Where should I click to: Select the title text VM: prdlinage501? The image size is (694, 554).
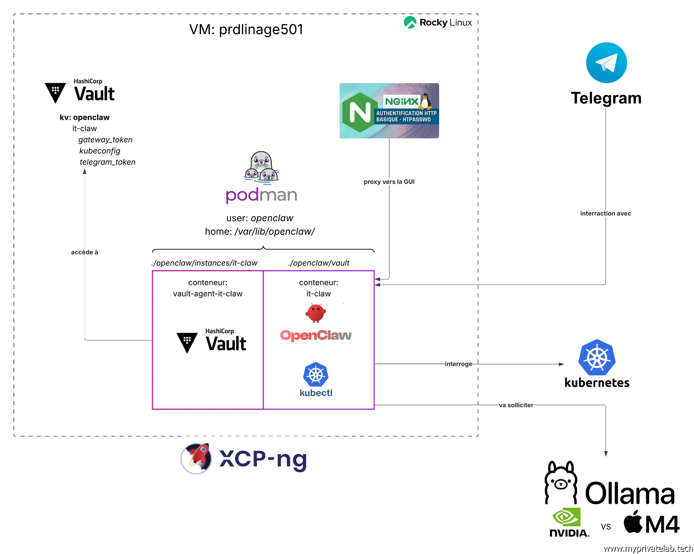246,30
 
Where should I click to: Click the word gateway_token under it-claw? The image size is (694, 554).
105,140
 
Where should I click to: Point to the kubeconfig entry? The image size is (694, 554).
100,151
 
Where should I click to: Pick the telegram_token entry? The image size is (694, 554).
108,162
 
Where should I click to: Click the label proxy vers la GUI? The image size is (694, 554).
389,182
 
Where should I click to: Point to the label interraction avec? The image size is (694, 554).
605,213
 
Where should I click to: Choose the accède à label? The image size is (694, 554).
84,252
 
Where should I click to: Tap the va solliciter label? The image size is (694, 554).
516,405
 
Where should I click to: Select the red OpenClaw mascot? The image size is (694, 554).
315,313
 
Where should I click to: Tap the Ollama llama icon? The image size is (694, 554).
560,483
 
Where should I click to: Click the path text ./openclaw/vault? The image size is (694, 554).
318,263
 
